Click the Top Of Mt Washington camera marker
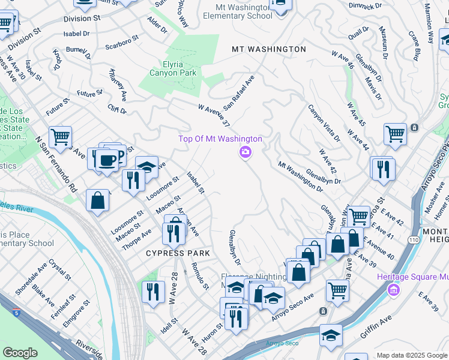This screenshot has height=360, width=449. pyautogui.click(x=245, y=152)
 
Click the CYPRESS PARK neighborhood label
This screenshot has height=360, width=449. pyautogui.click(x=178, y=253)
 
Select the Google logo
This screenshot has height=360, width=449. pyautogui.click(x=20, y=352)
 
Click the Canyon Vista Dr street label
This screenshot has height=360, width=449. pyautogui.click(x=324, y=123)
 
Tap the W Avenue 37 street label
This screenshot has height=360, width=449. pyautogui.click(x=214, y=115)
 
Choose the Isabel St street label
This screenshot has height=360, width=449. pyautogui.click(x=196, y=182)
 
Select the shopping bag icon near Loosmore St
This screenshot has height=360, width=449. pyautogui.click(x=97, y=200)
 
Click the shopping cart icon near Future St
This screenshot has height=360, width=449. pyautogui.click(x=60, y=137)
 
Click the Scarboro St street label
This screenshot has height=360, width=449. pyautogui.click(x=122, y=45)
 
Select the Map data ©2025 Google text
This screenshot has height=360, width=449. pyautogui.click(x=411, y=355)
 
